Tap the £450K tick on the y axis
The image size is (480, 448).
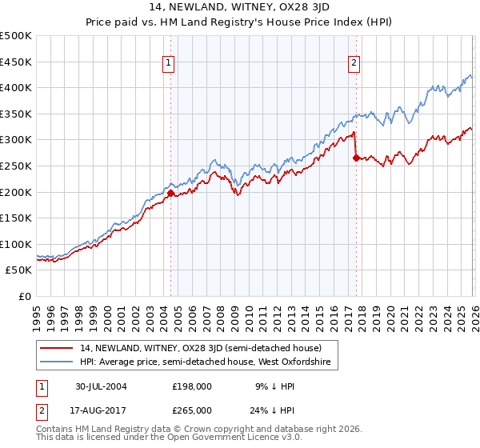(16, 62)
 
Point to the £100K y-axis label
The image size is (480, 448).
(16, 244)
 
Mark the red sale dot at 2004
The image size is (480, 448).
(170, 193)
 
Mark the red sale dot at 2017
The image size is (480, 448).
(355, 158)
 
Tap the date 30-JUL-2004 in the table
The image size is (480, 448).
(102, 386)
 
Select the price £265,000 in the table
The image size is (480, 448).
(192, 410)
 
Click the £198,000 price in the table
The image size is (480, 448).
(192, 386)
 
